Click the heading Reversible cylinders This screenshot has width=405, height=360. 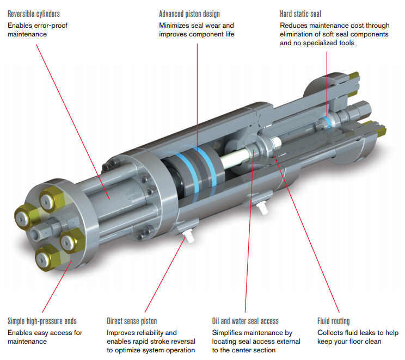tap(34, 13)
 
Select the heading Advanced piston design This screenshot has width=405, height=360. tap(189, 13)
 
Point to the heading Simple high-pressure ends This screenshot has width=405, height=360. tap(42, 321)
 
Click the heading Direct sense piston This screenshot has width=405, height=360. tap(132, 321)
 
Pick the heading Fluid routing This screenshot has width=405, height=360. tap(333, 321)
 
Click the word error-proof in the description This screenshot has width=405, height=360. tap(57, 25)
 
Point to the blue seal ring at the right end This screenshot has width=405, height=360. tap(326, 120)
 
